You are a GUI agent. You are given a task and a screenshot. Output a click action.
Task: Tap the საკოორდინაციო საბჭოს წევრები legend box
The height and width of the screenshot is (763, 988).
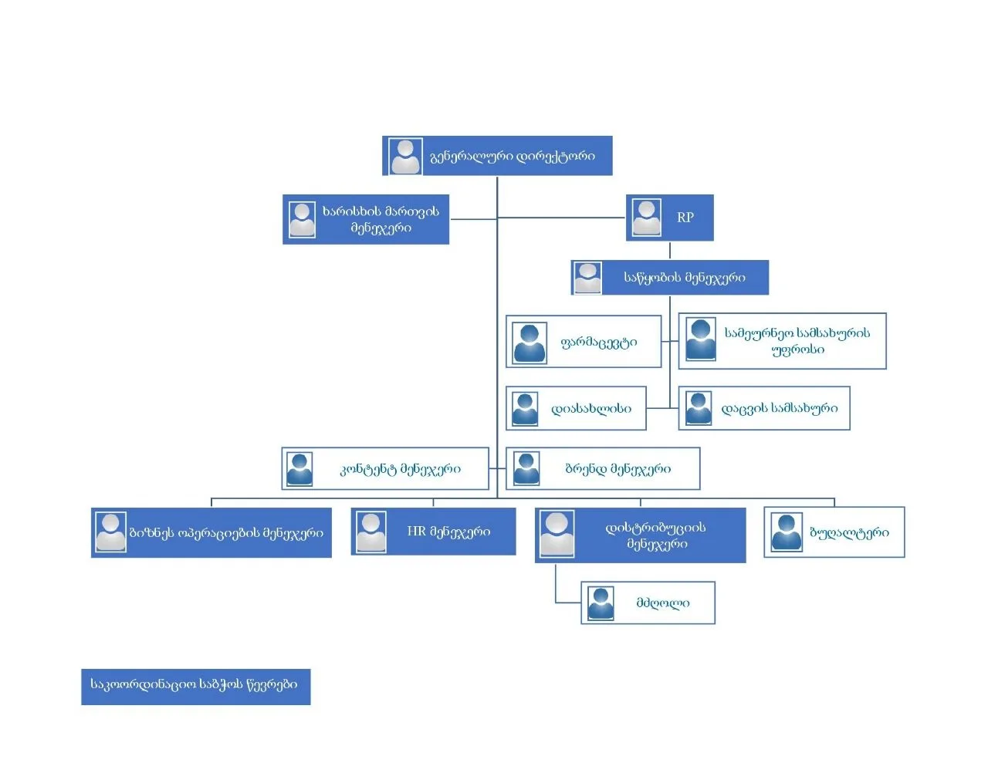[x=195, y=686]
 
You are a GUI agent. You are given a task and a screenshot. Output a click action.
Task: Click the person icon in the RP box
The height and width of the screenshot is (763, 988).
[x=646, y=218]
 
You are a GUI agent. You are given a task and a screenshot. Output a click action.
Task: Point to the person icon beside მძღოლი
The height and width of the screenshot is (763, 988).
[x=601, y=603]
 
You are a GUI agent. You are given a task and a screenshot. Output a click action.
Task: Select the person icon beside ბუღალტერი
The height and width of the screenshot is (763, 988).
[x=787, y=532]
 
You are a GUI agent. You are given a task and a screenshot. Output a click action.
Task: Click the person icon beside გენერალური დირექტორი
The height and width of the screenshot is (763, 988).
[x=405, y=156]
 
